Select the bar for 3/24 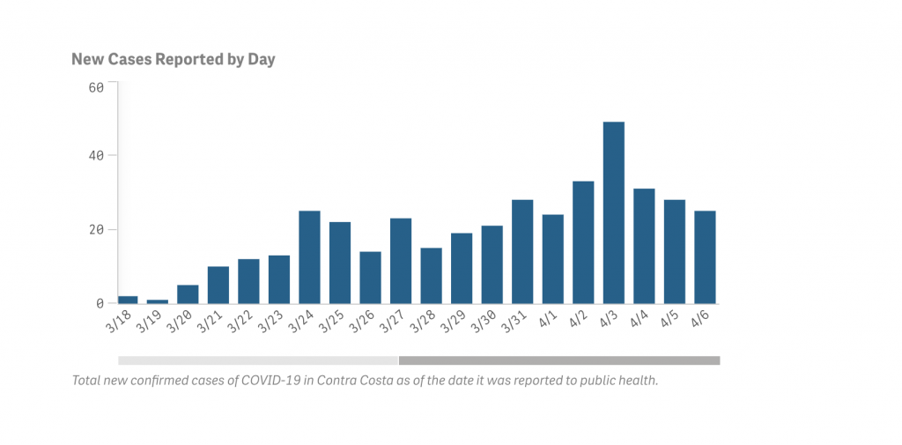(309, 257)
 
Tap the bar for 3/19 (158, 301)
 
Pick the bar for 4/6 (705, 257)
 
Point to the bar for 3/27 (401, 261)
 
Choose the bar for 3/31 (522, 252)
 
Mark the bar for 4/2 (583, 242)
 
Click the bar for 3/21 (218, 285)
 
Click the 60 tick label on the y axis (97, 86)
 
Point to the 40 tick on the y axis (97, 156)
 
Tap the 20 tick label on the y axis (97, 230)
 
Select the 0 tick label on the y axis (100, 304)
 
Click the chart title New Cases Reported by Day (174, 60)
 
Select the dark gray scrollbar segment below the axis (559, 360)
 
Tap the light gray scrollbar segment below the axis (258, 360)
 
